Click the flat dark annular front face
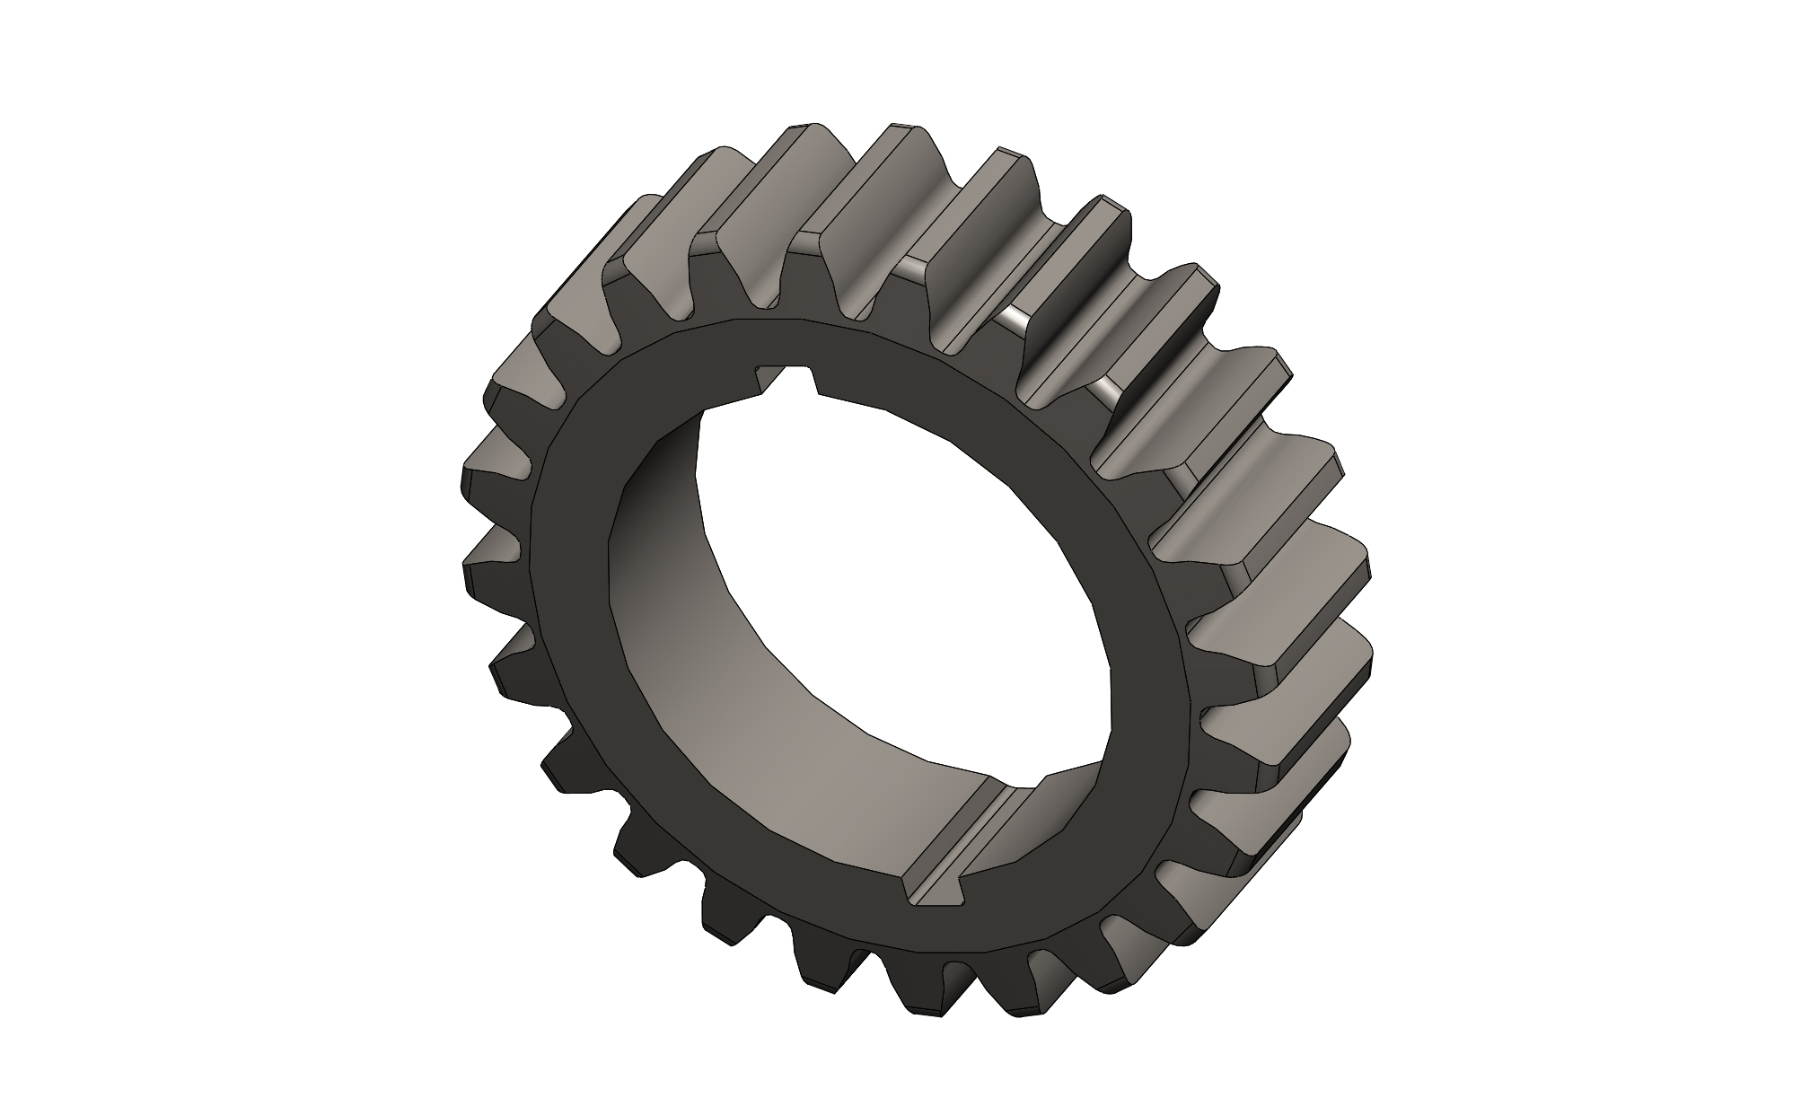click(x=584, y=628)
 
